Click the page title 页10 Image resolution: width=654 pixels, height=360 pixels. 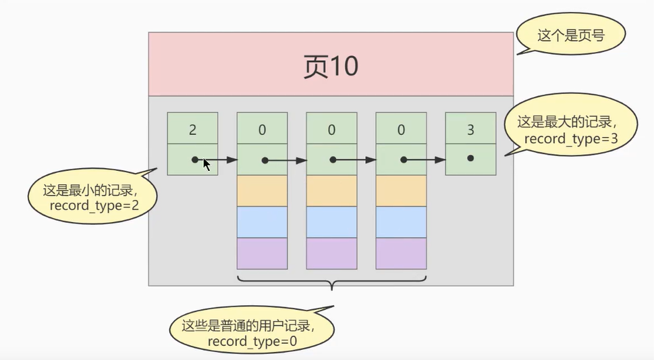330,67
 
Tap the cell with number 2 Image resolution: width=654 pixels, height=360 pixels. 192,128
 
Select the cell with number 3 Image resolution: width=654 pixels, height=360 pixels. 470,128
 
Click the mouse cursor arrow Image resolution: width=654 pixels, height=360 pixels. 207,163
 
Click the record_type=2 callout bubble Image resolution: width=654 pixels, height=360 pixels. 91,197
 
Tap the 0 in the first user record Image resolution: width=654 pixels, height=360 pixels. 262,128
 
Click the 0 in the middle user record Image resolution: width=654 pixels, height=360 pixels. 331,128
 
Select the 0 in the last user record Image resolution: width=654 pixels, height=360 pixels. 401,128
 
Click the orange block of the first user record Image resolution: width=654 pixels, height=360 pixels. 262,191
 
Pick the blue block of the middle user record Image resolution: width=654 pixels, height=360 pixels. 331,222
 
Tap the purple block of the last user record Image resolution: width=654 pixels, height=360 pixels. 401,253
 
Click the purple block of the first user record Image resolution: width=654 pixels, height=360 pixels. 262,253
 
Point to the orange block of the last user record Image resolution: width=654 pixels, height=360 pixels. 401,191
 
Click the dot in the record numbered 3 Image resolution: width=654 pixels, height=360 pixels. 470,159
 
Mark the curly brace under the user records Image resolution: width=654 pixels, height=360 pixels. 331,280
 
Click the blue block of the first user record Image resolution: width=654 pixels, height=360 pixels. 262,222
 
